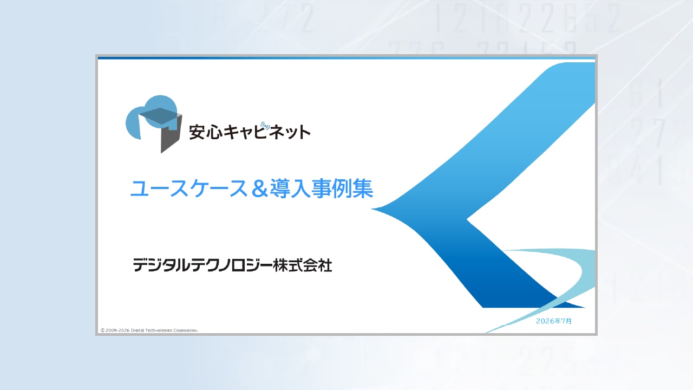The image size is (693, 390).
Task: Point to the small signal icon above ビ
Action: [265, 126]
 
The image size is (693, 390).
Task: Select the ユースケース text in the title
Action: [189, 188]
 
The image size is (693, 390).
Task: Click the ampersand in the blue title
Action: [259, 189]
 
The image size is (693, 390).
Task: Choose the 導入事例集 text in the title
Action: [322, 188]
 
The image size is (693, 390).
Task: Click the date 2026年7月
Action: [554, 321]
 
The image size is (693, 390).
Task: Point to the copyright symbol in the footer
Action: [102, 330]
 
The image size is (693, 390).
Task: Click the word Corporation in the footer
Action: [186, 330]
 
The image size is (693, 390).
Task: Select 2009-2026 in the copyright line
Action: [117, 330]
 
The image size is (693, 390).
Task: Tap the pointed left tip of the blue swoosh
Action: [372, 209]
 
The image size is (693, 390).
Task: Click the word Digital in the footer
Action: [138, 330]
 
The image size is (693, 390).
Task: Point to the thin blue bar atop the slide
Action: [346, 58]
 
